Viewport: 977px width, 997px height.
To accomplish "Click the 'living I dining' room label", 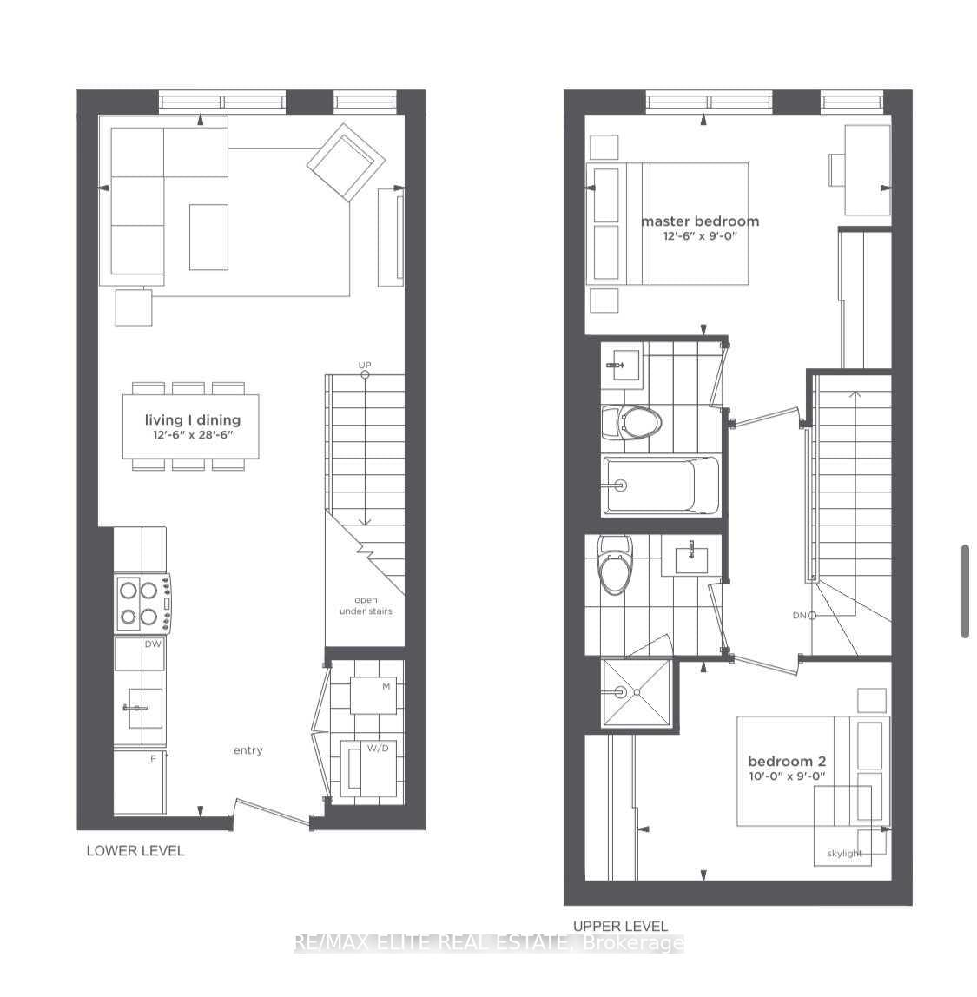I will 192,420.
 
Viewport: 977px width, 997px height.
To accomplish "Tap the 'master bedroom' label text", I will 699,221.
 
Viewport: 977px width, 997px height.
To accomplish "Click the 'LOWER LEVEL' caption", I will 135,851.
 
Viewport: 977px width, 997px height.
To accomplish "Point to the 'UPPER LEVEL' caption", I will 620,926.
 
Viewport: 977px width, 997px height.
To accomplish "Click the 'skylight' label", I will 844,854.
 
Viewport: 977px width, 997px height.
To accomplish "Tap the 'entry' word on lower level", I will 248,750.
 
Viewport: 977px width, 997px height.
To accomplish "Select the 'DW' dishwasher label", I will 154,644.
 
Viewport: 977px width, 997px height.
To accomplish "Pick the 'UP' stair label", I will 365,366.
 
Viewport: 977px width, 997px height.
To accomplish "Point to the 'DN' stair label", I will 800,616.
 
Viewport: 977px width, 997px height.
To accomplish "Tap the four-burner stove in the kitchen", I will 142,604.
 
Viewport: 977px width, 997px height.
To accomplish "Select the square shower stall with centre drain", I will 637,692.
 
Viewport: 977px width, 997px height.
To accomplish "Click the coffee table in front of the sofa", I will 208,236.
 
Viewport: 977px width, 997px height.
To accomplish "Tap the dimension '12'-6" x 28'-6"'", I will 192,435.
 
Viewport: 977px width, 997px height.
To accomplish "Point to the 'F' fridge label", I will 154,759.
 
